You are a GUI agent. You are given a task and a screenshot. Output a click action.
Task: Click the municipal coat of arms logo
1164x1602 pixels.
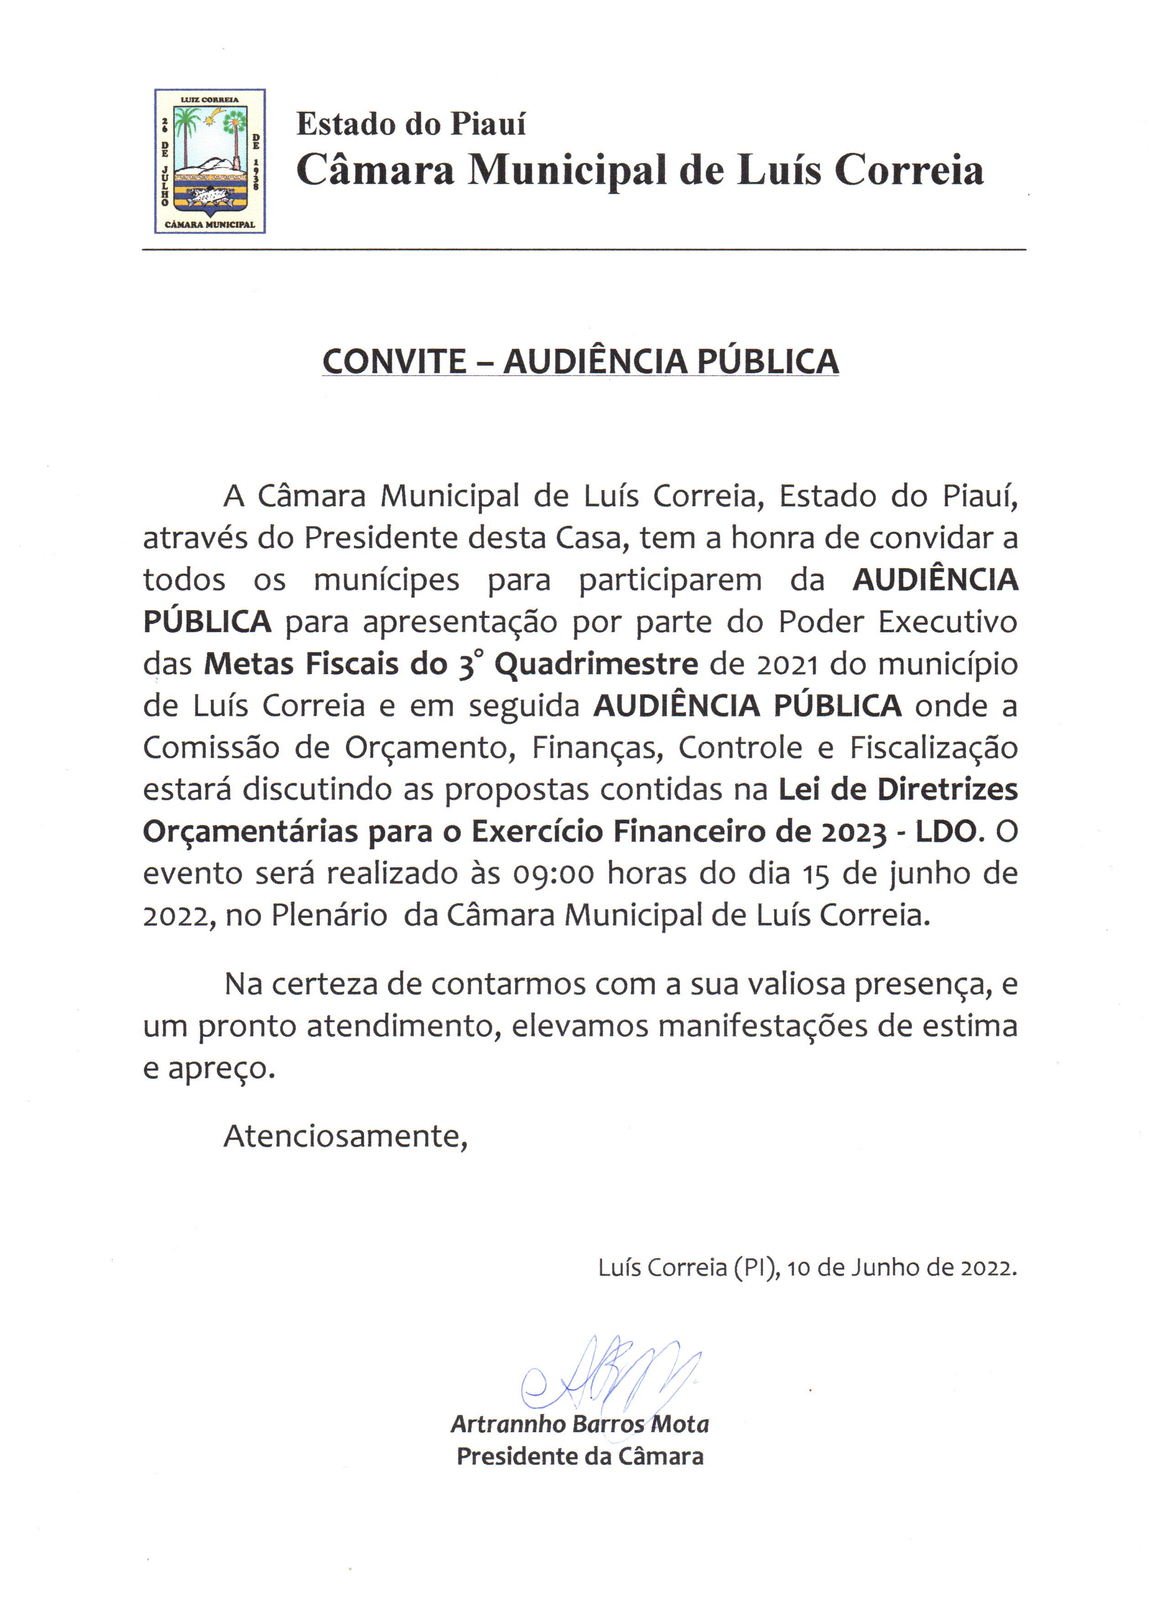210,161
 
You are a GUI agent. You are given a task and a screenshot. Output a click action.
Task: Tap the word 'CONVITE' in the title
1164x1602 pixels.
394,361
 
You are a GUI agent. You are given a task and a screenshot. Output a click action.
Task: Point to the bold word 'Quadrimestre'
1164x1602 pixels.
595,665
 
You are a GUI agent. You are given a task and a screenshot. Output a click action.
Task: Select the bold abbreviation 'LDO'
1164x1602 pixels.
946,832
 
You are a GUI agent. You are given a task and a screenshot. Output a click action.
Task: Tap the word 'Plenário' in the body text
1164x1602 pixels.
329,916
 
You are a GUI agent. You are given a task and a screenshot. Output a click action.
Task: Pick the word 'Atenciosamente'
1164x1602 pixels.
344,1136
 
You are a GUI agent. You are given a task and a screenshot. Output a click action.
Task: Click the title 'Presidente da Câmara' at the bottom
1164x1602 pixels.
580,1456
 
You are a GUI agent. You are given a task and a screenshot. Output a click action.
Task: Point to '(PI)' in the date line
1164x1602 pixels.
756,1268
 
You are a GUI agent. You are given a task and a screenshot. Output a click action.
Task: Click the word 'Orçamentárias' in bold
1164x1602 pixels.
250,832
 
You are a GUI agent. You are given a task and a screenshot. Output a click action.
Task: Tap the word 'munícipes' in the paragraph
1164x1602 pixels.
386,581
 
